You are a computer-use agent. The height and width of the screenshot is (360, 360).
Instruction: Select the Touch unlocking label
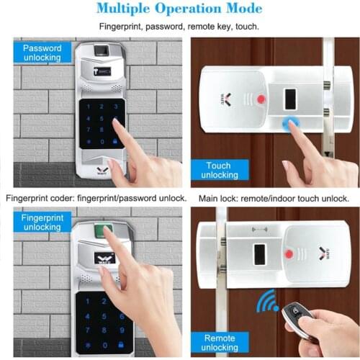[218, 171]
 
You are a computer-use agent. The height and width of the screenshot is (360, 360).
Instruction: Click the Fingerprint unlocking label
[41, 221]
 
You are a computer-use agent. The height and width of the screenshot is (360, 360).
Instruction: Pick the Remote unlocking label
[220, 343]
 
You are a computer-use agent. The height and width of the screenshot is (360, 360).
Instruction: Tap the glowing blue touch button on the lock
[290, 123]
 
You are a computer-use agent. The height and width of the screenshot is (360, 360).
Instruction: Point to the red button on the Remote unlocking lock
[288, 253]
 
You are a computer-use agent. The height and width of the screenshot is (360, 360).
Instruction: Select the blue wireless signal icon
[268, 301]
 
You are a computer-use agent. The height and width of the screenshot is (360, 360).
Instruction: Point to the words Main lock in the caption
[215, 198]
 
